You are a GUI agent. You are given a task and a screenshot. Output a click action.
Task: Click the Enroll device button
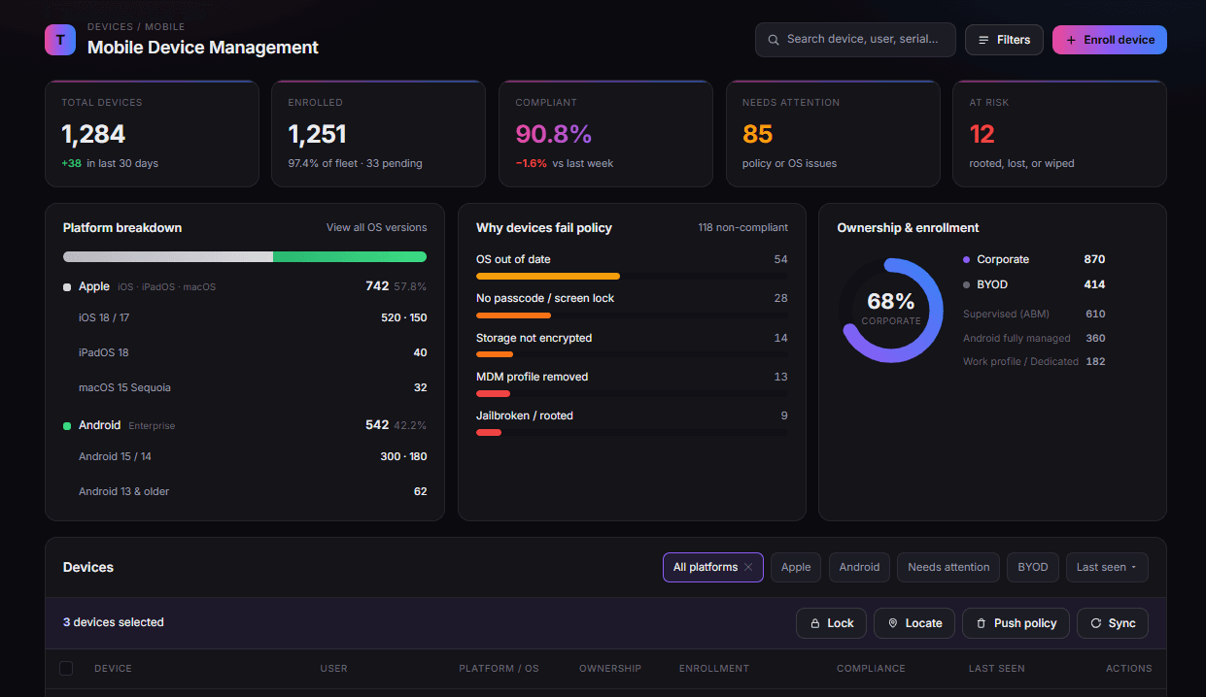tap(1109, 40)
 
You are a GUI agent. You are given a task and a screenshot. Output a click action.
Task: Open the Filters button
tap(1004, 40)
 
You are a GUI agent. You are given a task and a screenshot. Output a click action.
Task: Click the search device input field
tap(855, 40)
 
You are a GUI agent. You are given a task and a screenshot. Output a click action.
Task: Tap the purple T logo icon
tap(60, 40)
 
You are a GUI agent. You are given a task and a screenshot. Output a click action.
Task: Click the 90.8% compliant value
tap(554, 134)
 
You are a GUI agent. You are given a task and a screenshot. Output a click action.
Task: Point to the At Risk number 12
tap(982, 134)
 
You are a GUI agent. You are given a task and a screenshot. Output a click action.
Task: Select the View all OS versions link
tap(376, 227)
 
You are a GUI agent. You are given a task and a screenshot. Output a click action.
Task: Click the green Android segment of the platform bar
tap(350, 257)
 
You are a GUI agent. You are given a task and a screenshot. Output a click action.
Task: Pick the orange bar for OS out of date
tap(547, 277)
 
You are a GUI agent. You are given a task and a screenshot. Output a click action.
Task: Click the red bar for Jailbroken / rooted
tap(488, 432)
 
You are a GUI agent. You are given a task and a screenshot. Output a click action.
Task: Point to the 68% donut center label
tap(890, 301)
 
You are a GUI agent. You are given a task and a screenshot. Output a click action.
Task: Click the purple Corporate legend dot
tap(966, 260)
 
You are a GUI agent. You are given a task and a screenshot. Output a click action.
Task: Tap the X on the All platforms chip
tap(748, 567)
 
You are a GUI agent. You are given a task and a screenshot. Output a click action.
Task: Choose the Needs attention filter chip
tap(948, 567)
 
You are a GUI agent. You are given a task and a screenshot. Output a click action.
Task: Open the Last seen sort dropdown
tap(1107, 567)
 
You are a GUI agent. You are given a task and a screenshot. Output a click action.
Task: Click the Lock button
tap(831, 623)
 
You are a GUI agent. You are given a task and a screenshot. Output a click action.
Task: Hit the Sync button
tap(1113, 623)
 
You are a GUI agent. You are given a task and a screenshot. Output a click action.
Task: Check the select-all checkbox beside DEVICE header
tap(66, 668)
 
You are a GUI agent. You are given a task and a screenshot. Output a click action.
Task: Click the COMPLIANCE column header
tap(871, 668)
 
